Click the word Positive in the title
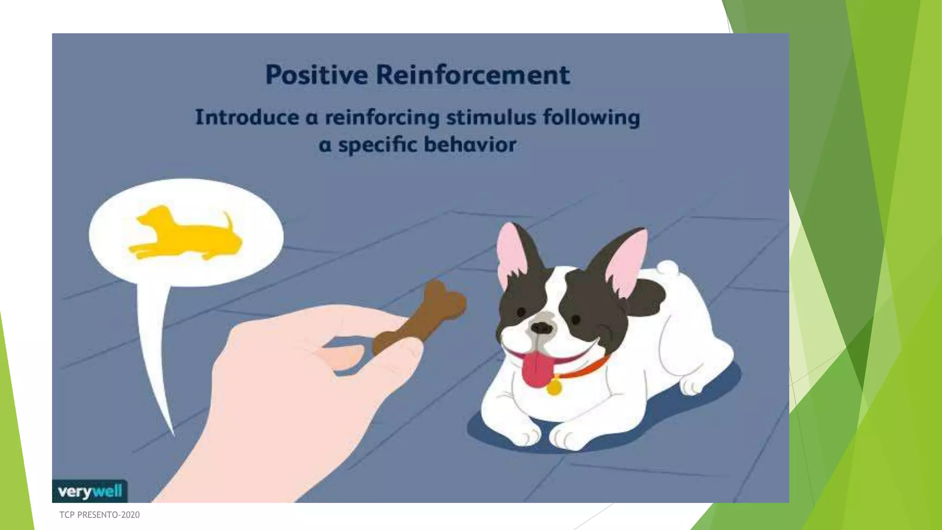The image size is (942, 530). tap(316, 75)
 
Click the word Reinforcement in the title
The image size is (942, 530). tap(473, 75)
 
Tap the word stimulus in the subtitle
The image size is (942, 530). tap(491, 117)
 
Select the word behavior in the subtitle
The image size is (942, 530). tap(470, 144)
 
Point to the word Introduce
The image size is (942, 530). tap(247, 117)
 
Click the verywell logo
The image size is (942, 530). tap(90, 491)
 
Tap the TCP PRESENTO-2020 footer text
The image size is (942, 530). tap(99, 515)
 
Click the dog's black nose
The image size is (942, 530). tap(541, 328)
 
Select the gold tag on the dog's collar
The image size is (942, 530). tap(554, 387)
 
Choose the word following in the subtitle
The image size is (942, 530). tap(591, 117)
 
